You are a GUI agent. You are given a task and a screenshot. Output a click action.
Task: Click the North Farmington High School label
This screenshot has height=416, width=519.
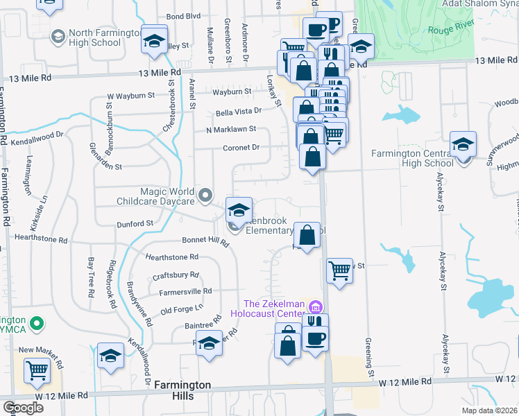pyautogui.click(x=95, y=37)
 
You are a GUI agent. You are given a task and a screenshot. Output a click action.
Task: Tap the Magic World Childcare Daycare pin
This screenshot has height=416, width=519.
pyautogui.click(x=205, y=196)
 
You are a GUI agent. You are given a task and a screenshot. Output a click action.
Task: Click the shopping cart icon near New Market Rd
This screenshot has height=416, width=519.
pyautogui.click(x=37, y=370)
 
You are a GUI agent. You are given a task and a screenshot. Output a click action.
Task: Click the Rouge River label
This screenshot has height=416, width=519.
pyautogui.click(x=448, y=30)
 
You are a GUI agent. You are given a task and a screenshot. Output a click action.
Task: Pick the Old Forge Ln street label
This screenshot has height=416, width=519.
pyautogui.click(x=182, y=307)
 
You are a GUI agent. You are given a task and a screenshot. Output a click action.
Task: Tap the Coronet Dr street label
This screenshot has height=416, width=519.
pyautogui.click(x=241, y=148)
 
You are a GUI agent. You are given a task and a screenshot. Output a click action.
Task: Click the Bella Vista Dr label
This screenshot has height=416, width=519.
pyautogui.click(x=239, y=110)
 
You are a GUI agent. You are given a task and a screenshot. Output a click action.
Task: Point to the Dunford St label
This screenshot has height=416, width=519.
pyautogui.click(x=135, y=224)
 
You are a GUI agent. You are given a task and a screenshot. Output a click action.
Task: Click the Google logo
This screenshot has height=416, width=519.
pyautogui.click(x=22, y=407)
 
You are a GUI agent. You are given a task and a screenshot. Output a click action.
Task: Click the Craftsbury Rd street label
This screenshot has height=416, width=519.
pyautogui.click(x=176, y=275)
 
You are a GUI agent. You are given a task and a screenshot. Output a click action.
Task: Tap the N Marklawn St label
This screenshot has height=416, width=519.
pyautogui.click(x=232, y=129)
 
